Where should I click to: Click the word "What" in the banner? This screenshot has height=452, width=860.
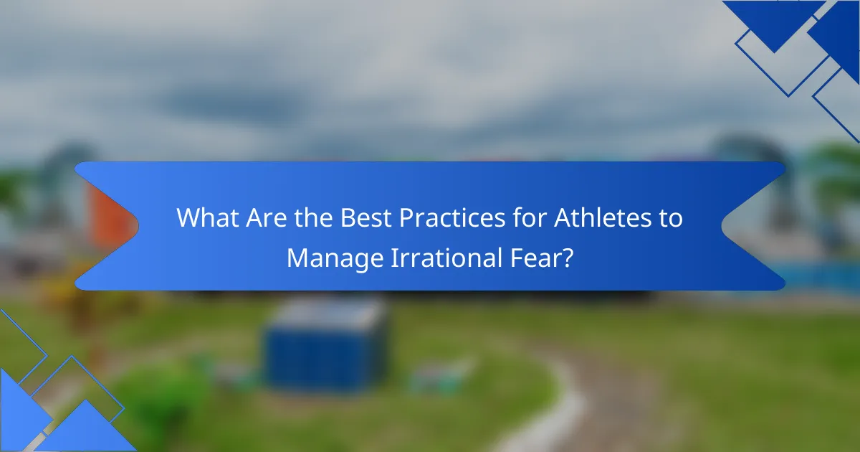pos(208,217)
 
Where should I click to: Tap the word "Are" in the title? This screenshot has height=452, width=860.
pos(267,217)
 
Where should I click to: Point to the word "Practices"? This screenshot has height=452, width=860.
pos(452,217)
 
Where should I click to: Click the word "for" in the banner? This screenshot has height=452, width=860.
pos(530,217)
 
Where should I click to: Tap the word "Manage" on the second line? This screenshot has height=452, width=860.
pos(335,259)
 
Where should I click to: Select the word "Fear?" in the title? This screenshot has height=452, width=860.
pos(542,257)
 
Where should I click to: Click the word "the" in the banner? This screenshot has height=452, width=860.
pos(314,217)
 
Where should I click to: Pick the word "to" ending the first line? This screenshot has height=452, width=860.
pos(671,218)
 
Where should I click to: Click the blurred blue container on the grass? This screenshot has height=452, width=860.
pos(326,345)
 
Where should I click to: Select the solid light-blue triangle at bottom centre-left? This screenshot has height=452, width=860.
pos(87,428)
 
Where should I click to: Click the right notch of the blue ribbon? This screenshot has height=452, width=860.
pos(722,226)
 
